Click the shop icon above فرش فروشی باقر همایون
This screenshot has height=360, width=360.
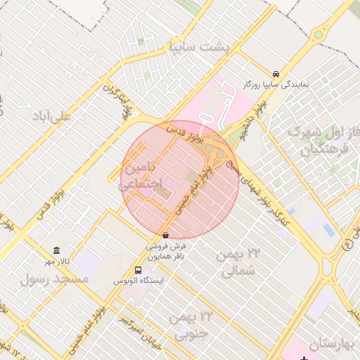pos(165,235)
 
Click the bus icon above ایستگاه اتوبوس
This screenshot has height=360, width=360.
pos(138,270)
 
